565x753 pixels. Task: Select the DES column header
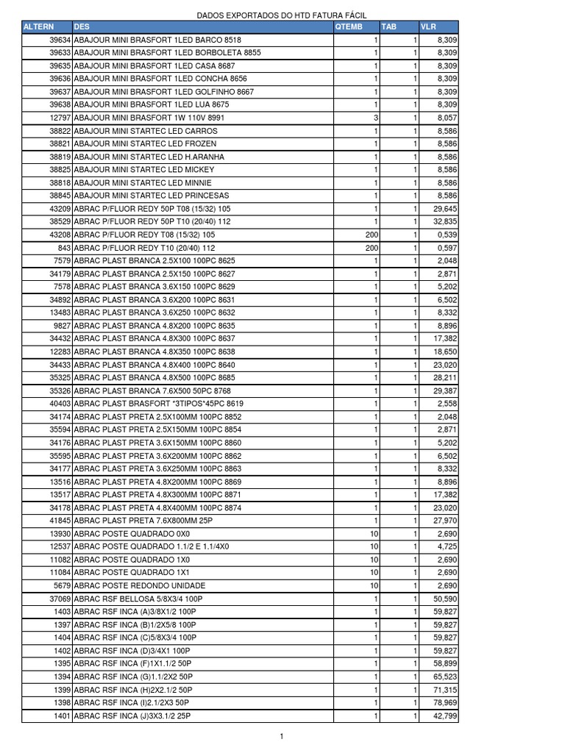(81, 26)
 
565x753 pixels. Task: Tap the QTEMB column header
(349, 26)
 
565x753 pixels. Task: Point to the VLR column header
(428, 26)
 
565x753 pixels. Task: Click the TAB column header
(388, 26)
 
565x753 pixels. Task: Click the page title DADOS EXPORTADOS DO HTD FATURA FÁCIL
(282, 15)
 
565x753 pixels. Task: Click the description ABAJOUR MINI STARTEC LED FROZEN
(146, 143)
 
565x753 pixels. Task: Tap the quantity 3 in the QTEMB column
(376, 118)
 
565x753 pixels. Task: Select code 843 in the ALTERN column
(64, 248)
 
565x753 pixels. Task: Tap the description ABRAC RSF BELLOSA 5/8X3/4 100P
(138, 599)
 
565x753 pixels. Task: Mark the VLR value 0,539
(447, 235)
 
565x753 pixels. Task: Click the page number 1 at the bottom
(282, 736)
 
